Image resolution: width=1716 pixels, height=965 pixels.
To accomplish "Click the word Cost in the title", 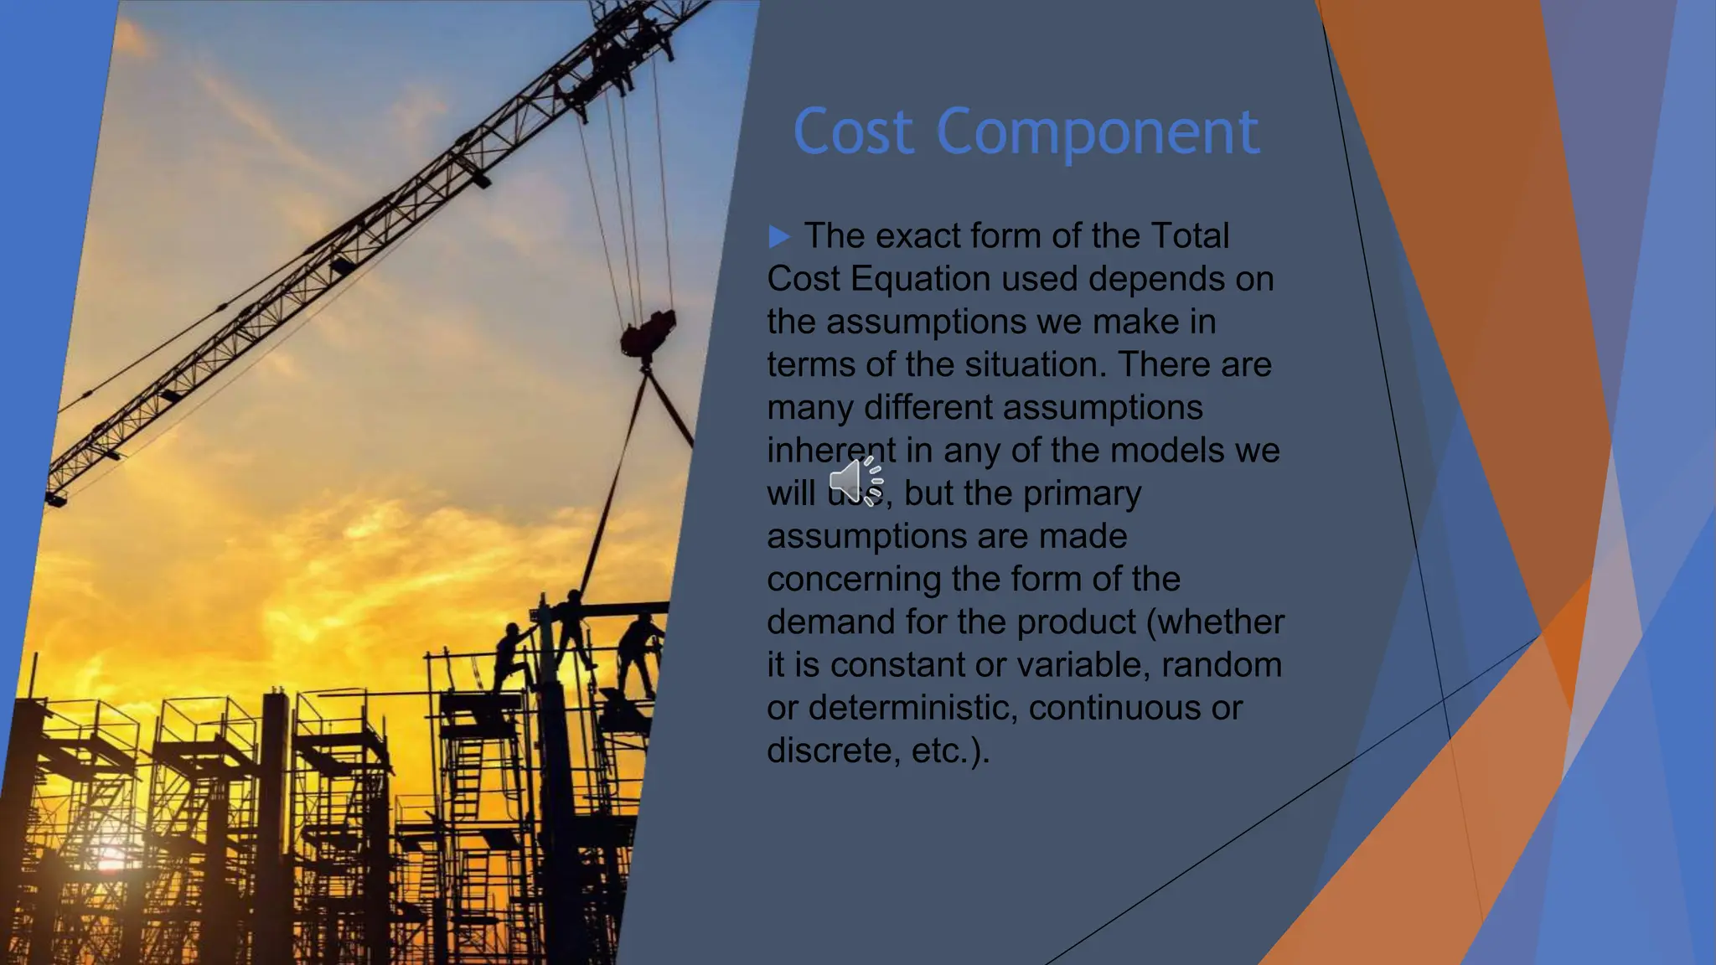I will tap(853, 132).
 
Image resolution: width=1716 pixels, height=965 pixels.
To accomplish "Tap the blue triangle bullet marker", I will tap(779, 236).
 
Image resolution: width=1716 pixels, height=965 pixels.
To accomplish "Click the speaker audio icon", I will tap(856, 481).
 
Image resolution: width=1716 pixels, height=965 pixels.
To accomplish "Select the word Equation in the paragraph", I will tap(920, 279).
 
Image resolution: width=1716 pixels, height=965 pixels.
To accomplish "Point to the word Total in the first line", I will tap(1189, 236).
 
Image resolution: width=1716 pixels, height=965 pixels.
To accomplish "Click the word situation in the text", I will tap(1027, 365).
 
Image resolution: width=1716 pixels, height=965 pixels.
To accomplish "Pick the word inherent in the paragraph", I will tap(830, 451).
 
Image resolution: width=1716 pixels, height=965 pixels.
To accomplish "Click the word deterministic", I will tap(913, 709).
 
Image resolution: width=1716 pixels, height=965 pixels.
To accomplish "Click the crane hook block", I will tap(648, 333).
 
